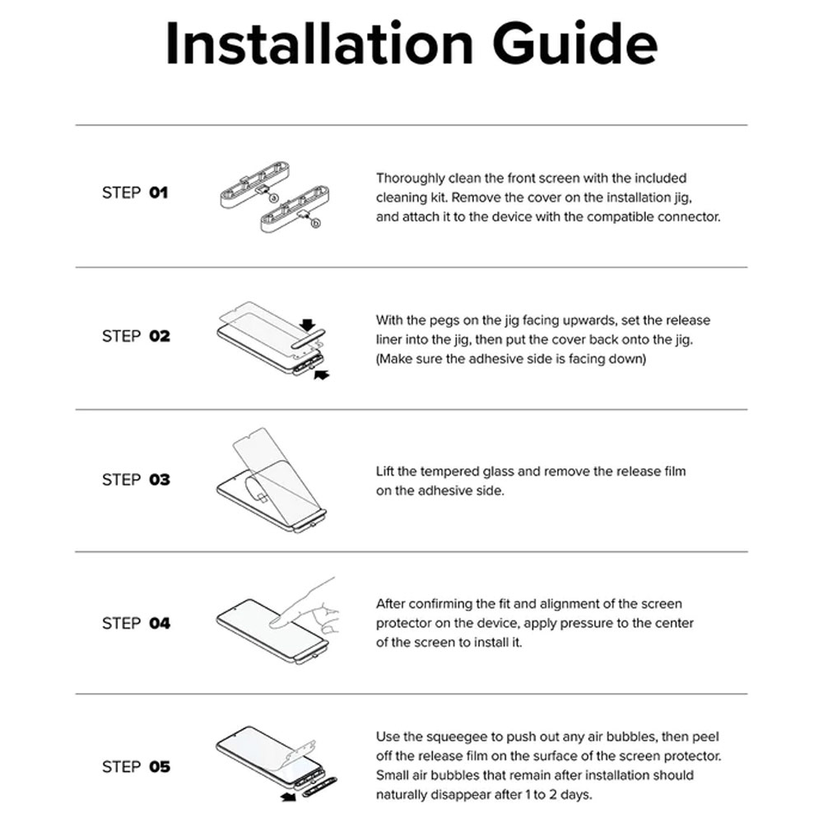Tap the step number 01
(159, 193)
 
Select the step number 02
(160, 336)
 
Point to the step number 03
(160, 480)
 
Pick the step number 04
(160, 624)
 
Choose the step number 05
(160, 767)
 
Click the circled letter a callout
(273, 198)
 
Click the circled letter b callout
(315, 223)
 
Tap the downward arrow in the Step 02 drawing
(308, 325)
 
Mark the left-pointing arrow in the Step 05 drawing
(288, 797)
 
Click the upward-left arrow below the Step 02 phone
(321, 374)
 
